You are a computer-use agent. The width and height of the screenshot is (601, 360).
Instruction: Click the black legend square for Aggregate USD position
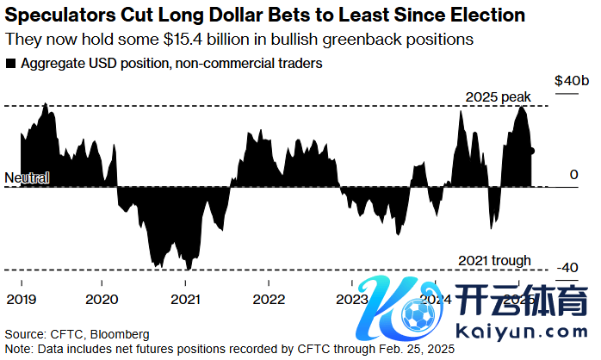tap(10, 64)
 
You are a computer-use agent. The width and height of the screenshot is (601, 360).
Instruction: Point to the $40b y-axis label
tap(572, 80)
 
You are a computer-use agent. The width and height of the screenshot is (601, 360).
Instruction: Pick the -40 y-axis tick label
tap(567, 268)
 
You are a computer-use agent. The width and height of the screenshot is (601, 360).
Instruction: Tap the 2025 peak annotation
tap(498, 96)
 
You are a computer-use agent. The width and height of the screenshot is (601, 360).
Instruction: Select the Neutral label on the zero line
tap(27, 178)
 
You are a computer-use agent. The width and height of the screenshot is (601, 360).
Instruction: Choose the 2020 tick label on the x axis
tap(102, 299)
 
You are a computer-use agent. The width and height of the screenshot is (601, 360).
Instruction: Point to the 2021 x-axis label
tap(186, 299)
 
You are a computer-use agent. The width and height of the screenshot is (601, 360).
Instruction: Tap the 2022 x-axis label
tap(270, 299)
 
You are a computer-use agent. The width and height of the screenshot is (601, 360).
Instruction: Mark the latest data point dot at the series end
tap(533, 151)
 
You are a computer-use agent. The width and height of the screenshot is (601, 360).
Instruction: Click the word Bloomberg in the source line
tap(121, 333)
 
